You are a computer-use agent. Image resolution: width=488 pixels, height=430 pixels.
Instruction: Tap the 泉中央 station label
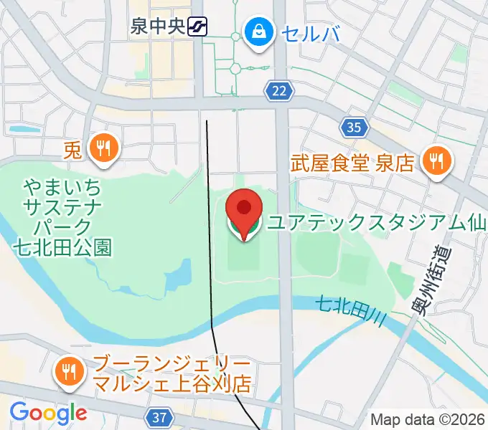157,27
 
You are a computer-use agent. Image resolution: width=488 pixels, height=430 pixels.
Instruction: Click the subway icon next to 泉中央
196,27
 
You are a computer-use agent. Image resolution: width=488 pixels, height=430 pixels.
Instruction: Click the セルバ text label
308,32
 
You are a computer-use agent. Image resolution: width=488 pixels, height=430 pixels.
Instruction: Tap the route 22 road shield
280,90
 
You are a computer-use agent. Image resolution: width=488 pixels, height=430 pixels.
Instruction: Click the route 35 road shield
353,128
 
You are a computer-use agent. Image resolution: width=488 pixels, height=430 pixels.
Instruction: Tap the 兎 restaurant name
72,150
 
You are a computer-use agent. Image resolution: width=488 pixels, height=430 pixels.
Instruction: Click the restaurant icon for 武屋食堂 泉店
434,161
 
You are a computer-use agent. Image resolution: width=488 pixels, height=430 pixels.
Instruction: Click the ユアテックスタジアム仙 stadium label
377,224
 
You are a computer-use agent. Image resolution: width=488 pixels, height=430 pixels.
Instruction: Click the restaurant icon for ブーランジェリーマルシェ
69,371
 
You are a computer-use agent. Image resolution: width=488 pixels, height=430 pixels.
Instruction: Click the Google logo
48,412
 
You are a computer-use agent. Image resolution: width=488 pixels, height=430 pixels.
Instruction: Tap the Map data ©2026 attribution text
428,419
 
